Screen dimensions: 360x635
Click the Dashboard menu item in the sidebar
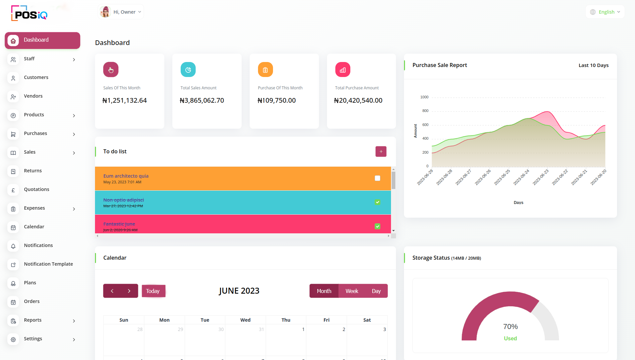coord(42,40)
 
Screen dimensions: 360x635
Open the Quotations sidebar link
coord(36,189)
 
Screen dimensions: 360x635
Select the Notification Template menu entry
coord(48,264)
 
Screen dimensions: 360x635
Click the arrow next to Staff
coord(74,60)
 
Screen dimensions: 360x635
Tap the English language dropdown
coord(605,12)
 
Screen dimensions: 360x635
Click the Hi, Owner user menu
coord(121,12)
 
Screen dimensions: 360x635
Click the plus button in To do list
coord(381,152)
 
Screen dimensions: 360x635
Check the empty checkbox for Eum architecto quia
coord(377,178)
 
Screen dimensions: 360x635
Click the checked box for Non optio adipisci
coord(377,202)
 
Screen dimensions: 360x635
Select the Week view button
coord(352,291)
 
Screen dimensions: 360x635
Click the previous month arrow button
coord(112,291)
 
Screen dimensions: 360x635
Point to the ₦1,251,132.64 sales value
coord(125,100)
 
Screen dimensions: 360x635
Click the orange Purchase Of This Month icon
coord(265,70)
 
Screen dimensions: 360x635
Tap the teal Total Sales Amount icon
coord(188,70)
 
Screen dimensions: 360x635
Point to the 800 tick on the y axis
coord(425,111)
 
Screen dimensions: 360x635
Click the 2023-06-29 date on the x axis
coord(425,177)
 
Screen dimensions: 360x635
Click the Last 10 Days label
coord(593,65)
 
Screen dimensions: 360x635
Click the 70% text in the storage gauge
coord(510,327)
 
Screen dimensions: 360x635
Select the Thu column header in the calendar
coord(286,320)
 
